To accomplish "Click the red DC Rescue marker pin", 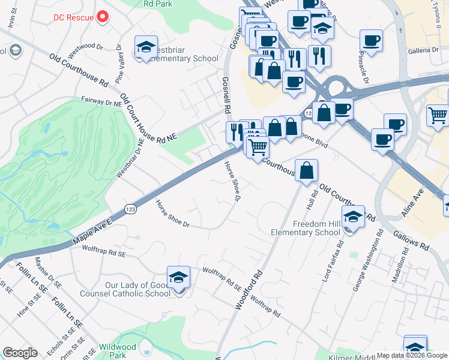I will point(103,16).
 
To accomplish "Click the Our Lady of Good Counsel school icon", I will point(178,277).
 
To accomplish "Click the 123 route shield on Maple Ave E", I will point(130,208).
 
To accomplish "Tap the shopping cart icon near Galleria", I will point(438,114).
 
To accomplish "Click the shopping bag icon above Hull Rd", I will point(306,170).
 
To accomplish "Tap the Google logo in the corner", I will point(20,353).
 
